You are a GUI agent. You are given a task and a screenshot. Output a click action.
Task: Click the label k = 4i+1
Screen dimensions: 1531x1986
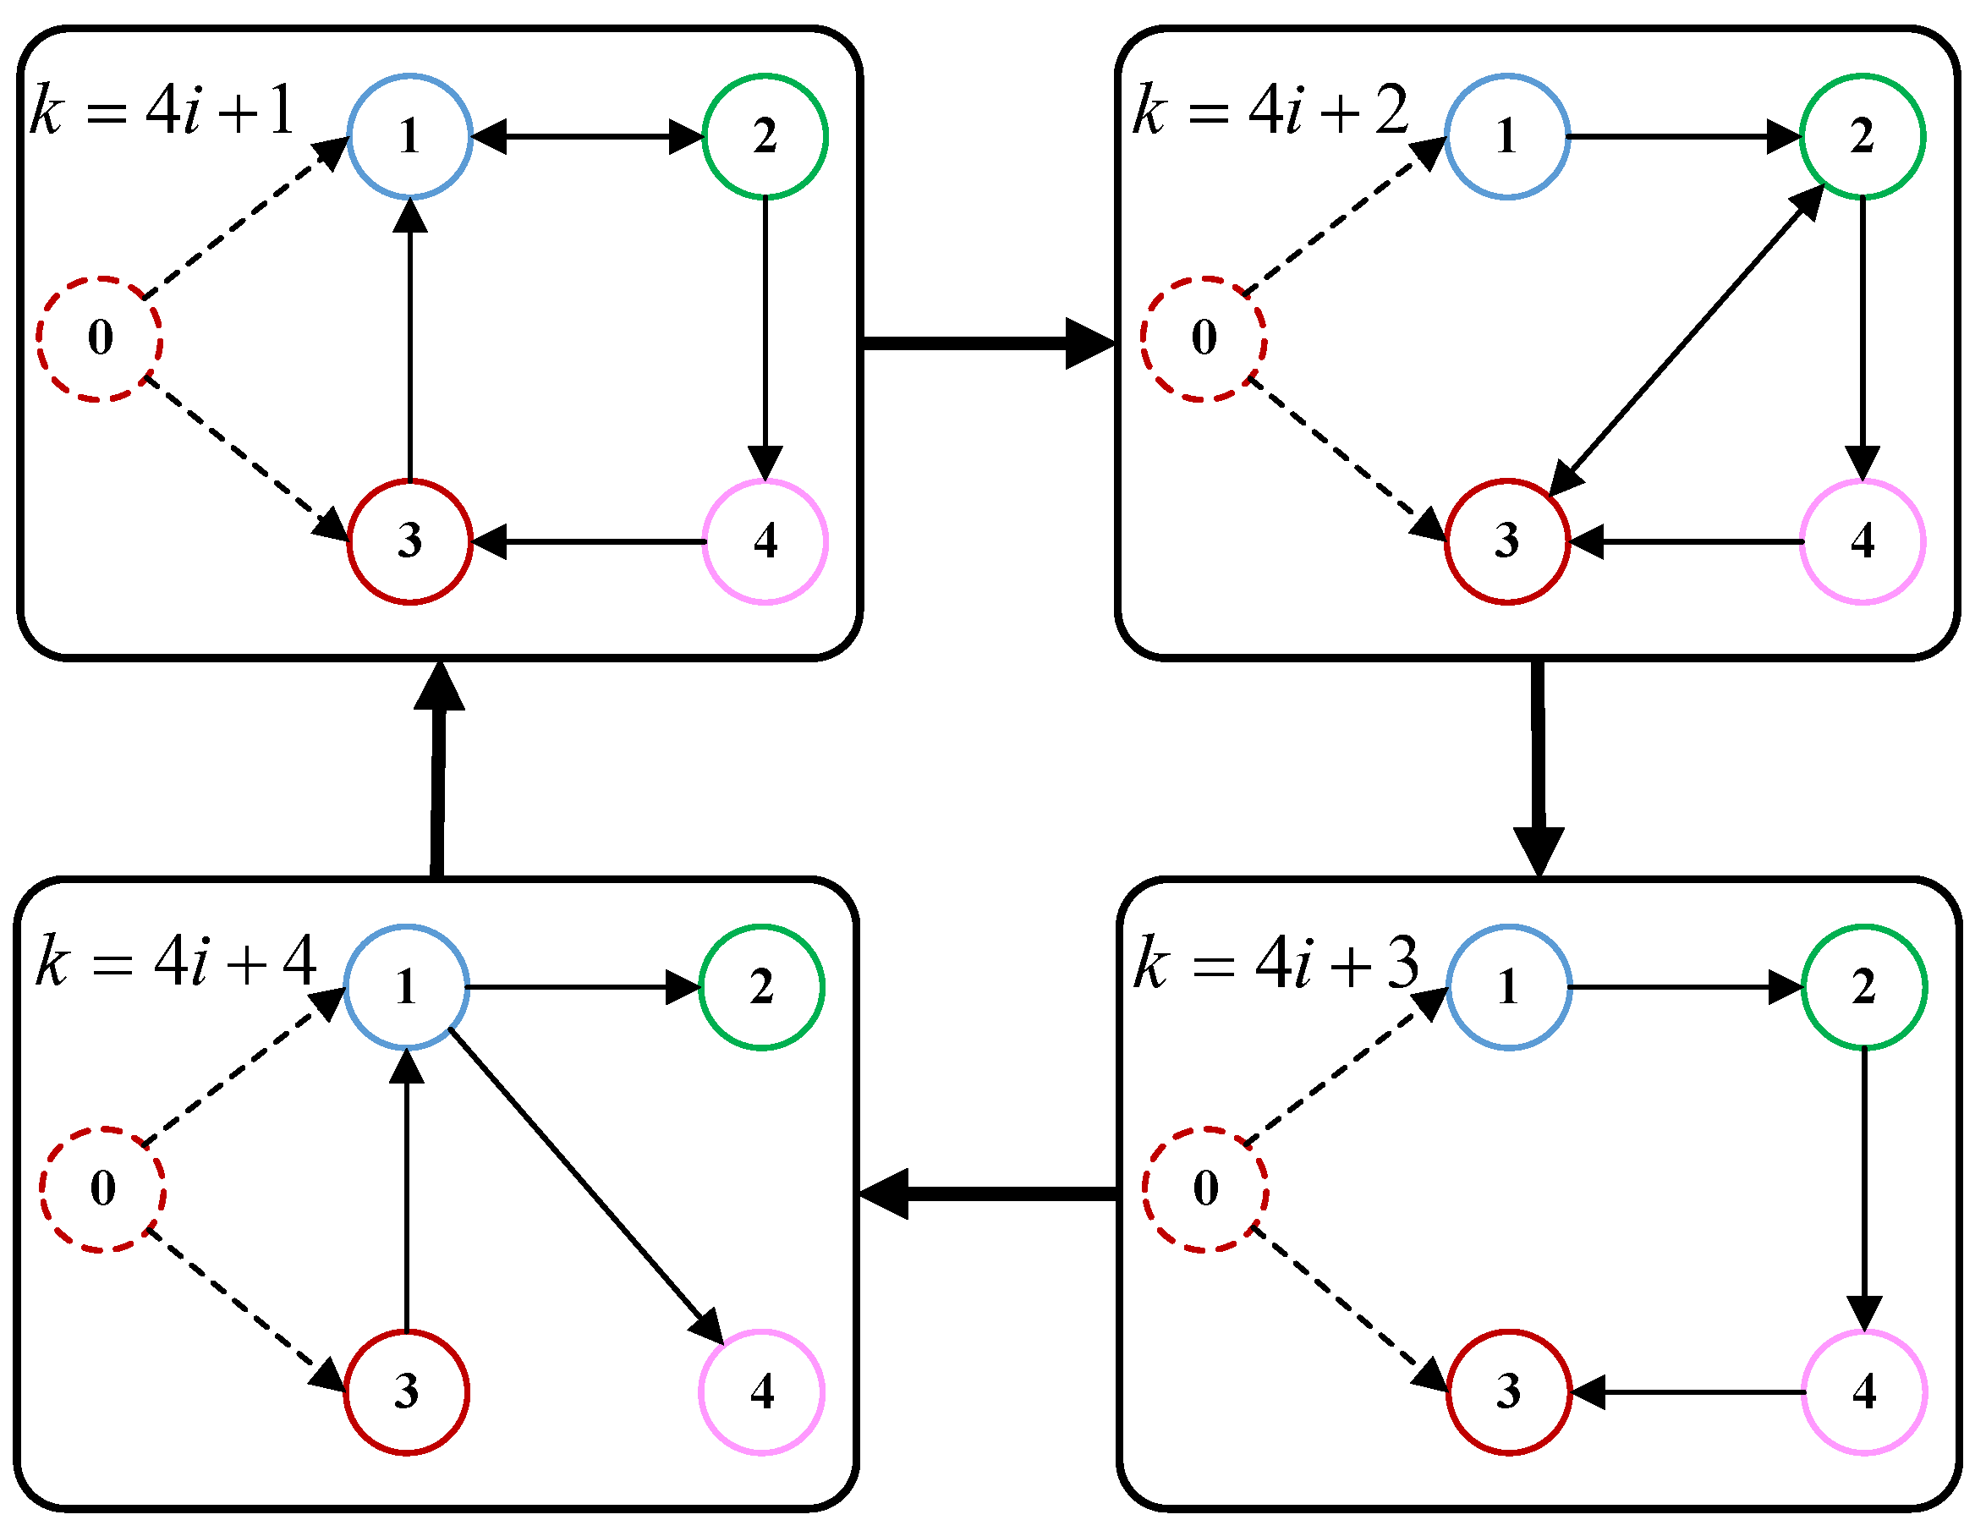pyautogui.click(x=162, y=111)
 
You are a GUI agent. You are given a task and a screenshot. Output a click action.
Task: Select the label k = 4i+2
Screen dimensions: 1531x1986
pyautogui.click(x=1270, y=111)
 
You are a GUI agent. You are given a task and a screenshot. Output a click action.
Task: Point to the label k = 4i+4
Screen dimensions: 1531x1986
pyautogui.click(x=175, y=962)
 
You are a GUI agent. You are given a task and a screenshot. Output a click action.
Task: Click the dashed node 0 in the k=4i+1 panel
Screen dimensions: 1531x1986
pyautogui.click(x=100, y=338)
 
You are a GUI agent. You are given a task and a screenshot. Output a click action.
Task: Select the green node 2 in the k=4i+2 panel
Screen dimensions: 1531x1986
pyautogui.click(x=1862, y=136)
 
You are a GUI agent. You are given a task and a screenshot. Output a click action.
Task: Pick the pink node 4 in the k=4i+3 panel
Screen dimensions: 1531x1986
pyautogui.click(x=1863, y=1392)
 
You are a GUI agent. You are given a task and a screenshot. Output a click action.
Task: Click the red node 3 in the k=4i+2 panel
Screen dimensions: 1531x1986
pyautogui.click(x=1506, y=541)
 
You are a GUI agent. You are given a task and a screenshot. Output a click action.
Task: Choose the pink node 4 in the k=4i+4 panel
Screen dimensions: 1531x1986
pyautogui.click(x=762, y=1392)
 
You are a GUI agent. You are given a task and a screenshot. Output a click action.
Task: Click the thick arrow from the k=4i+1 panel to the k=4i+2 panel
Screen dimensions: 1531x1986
pyautogui.click(x=986, y=343)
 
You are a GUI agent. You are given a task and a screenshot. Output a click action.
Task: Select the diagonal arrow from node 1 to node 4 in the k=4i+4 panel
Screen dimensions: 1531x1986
pyautogui.click(x=586, y=1187)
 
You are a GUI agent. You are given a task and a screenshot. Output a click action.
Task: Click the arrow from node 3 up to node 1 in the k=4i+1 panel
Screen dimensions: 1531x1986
pyautogui.click(x=410, y=341)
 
